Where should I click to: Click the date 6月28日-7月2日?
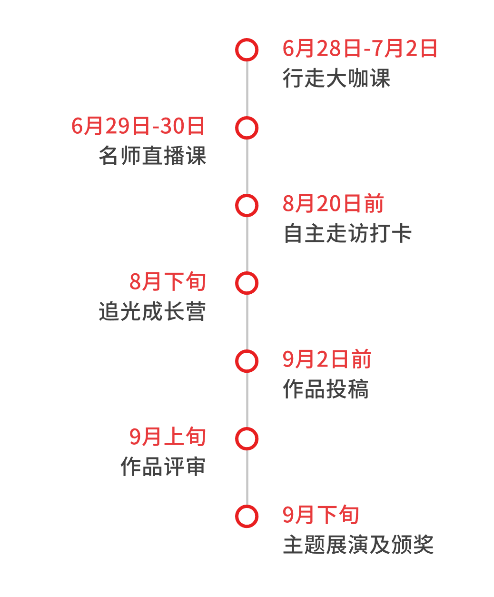coord(360,49)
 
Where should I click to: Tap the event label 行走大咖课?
coord(336,79)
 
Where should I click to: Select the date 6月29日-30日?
coord(138,127)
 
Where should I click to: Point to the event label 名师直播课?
coord(152,156)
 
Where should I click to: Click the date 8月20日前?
coord(333,204)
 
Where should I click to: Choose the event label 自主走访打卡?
coord(347,234)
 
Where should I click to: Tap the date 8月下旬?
coord(168,282)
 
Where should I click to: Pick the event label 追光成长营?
coord(152,312)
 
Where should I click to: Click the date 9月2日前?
coord(326,359)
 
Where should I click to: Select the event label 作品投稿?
coord(326,389)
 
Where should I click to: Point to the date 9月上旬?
coord(168,437)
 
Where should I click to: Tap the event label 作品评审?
coord(163,467)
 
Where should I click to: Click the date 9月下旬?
coord(321,515)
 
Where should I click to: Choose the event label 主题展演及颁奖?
coord(358,545)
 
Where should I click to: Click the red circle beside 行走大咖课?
coord(247,50)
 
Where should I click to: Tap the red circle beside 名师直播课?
coord(247,128)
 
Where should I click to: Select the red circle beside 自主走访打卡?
coord(247,205)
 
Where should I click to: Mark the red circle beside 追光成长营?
coord(247,283)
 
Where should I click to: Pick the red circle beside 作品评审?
coord(247,438)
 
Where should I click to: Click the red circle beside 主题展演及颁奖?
coord(247,516)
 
